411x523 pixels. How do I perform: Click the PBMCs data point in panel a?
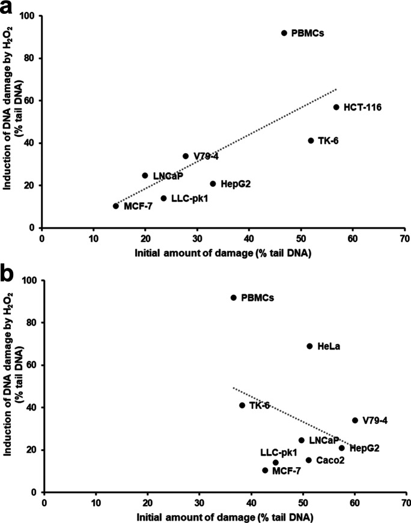click(284, 33)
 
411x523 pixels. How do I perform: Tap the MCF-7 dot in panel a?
click(115, 206)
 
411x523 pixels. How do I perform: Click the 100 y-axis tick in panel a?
click(29, 16)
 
